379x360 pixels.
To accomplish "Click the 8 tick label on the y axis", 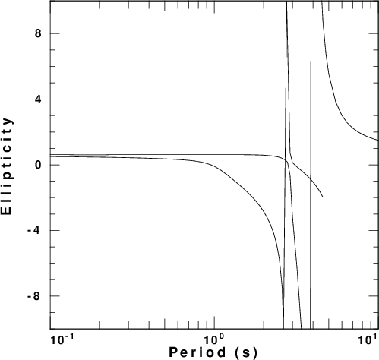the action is coord(38,33).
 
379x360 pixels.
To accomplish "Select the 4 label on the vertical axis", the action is coord(38,99).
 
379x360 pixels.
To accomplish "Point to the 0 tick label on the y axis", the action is coord(38,165).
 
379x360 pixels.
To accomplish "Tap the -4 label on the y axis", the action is coord(34,231).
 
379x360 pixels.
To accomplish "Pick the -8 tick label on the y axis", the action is coord(34,296).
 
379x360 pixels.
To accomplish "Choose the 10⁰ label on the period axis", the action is coord(214,340).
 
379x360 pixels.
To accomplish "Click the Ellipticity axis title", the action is coord(7,166).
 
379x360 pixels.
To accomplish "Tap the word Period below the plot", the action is coord(197,352).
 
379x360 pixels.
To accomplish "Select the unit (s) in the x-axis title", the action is coord(246,353).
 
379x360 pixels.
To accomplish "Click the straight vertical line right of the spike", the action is coord(311,165).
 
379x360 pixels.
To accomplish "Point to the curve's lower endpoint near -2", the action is coord(323,197).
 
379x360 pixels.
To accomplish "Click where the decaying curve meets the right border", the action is coord(378,140).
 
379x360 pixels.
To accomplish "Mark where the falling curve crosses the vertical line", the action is coord(311,179).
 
